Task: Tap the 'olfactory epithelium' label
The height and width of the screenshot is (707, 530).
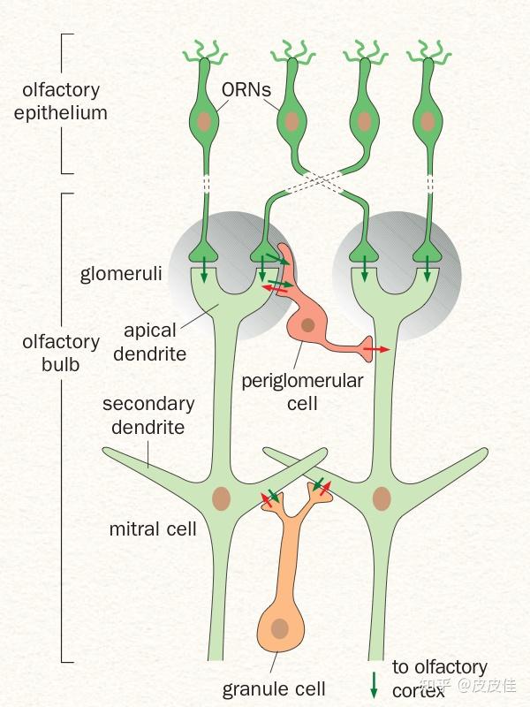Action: click(60, 102)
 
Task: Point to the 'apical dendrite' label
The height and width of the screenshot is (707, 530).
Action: click(155, 343)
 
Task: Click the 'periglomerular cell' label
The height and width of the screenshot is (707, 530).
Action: click(291, 392)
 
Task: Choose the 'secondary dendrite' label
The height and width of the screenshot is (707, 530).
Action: click(148, 415)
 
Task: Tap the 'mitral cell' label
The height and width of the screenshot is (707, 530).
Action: click(153, 530)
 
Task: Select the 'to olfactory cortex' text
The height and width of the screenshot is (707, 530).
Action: click(439, 678)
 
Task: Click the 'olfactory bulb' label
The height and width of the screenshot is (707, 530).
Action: click(61, 352)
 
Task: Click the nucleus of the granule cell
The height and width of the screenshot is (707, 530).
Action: click(280, 629)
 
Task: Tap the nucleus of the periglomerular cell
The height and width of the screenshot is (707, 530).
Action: click(307, 326)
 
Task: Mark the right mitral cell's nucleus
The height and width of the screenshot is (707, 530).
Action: click(382, 498)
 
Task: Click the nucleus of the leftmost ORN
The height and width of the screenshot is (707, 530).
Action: click(205, 121)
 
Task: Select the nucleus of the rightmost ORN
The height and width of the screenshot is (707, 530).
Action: click(428, 121)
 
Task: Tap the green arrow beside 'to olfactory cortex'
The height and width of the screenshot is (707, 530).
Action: click(375, 683)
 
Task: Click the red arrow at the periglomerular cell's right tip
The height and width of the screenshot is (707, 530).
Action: click(378, 350)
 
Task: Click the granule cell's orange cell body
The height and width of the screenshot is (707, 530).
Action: click(280, 626)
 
